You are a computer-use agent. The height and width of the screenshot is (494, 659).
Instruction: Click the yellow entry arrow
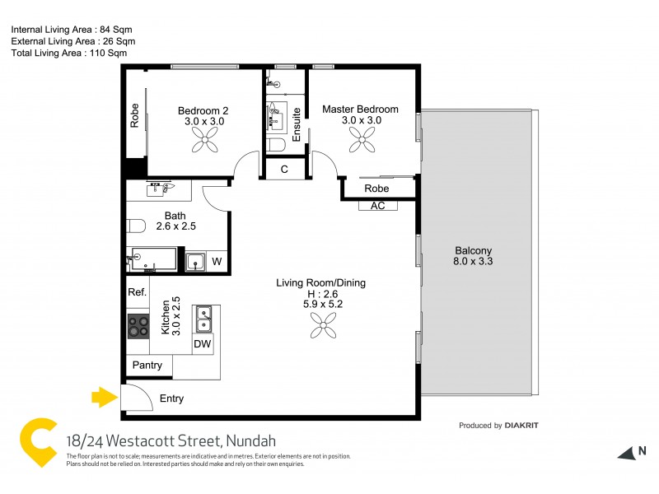[102, 398]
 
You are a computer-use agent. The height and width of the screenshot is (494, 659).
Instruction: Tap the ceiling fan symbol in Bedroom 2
[204, 143]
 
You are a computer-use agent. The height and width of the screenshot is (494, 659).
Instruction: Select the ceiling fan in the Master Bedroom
[360, 142]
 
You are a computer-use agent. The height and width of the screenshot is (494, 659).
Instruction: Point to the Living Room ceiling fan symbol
[322, 328]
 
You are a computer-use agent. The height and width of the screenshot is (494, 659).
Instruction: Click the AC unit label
[378, 206]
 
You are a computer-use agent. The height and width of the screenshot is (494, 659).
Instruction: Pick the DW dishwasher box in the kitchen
[202, 344]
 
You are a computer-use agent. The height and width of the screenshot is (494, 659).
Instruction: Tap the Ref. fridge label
[137, 292]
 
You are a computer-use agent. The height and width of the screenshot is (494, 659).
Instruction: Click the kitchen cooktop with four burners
[138, 326]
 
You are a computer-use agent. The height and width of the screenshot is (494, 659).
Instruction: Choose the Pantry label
[147, 366]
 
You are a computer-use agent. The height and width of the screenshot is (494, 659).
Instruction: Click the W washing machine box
[217, 262]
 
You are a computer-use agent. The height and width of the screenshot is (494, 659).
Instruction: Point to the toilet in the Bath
[136, 225]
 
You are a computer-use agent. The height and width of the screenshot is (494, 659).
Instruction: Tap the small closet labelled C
[284, 170]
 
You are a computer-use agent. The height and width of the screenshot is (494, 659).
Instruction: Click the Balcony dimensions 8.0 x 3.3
[474, 262]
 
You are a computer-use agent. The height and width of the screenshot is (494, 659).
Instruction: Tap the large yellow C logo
[38, 445]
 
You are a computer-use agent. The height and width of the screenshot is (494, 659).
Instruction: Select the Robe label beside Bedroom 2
[134, 114]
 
